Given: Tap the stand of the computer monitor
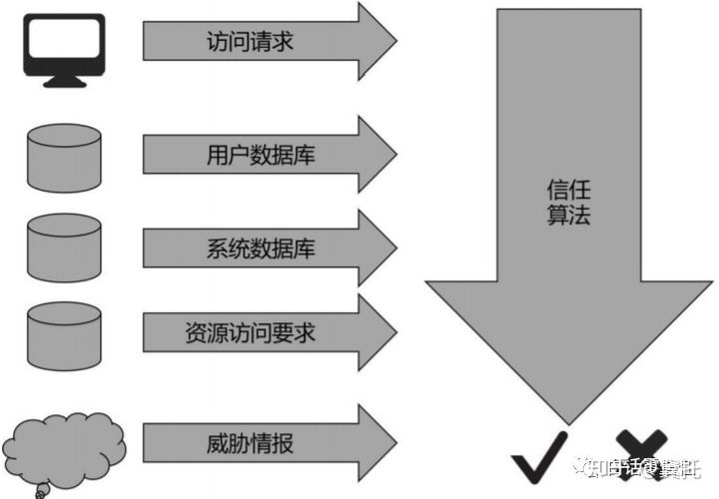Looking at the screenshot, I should (x=64, y=79).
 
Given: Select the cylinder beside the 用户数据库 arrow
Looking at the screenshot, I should (x=64, y=157).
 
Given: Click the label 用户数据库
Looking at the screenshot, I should (x=250, y=155).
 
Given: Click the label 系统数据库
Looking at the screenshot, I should (x=250, y=245).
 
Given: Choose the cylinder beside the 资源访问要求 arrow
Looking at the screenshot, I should (x=64, y=337).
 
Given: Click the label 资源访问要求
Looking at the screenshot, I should (x=250, y=332).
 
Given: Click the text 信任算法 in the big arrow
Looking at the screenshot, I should (x=569, y=201).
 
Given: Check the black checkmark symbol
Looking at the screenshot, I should (x=540, y=460).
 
